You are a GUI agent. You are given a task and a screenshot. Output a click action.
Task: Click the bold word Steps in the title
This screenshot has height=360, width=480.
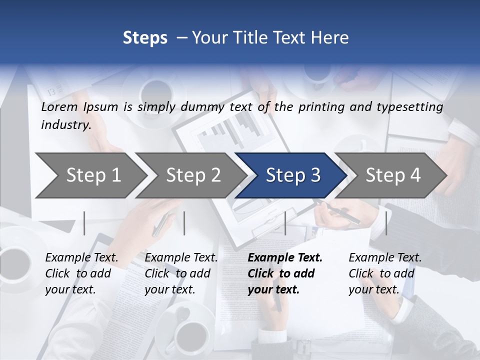click(x=145, y=38)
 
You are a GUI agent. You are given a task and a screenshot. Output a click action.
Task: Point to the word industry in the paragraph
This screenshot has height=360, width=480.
click(x=65, y=125)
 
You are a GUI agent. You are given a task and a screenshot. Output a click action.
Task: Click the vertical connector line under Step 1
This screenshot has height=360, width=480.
click(x=84, y=223)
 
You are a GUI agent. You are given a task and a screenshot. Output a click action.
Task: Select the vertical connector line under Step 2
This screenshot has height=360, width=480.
click(x=184, y=223)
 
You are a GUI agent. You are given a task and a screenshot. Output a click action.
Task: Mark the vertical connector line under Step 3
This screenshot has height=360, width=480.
click(x=285, y=223)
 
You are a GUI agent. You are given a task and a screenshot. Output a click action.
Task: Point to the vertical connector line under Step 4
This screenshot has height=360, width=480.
click(x=386, y=223)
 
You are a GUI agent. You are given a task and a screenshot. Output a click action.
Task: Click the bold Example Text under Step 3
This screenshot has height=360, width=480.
click(x=285, y=258)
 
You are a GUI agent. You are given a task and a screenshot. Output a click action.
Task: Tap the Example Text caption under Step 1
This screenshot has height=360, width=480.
click(x=81, y=258)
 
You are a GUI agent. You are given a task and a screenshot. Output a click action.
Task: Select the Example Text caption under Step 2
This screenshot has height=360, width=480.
click(x=181, y=258)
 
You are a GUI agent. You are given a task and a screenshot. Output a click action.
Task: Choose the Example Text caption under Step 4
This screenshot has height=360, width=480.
click(x=385, y=258)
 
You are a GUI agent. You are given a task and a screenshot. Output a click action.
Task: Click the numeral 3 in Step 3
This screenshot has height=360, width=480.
click(x=315, y=175)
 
